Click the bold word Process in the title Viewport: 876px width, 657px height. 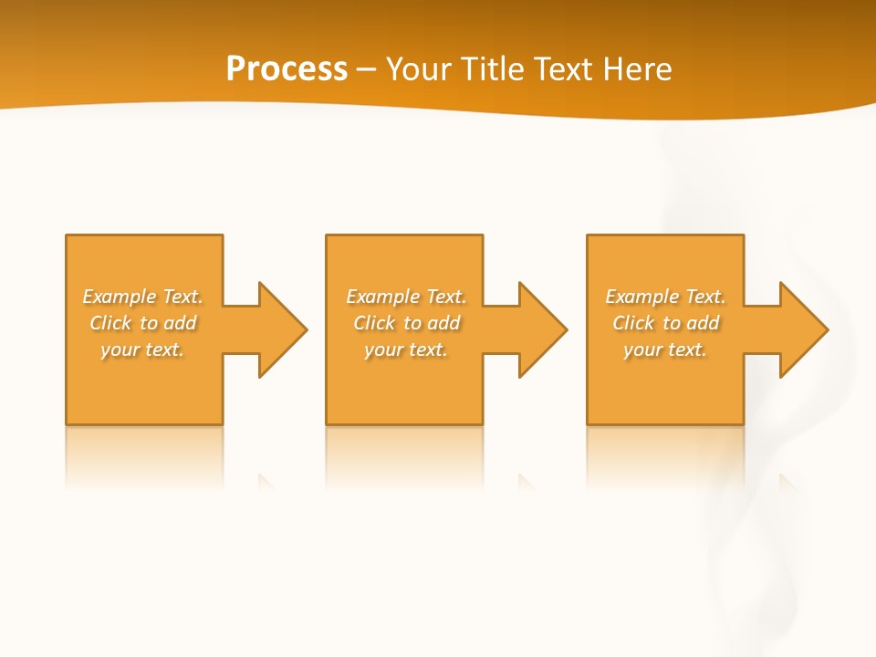tap(287, 69)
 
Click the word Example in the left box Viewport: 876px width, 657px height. tap(120, 297)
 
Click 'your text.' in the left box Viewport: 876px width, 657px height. tap(142, 349)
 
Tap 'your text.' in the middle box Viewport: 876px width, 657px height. tap(405, 349)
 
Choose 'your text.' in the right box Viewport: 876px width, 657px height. tap(665, 349)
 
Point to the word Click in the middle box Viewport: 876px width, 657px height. tap(374, 323)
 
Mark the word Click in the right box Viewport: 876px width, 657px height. tap(633, 323)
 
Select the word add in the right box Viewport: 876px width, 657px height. tap(703, 323)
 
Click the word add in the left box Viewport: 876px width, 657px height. tap(180, 323)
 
